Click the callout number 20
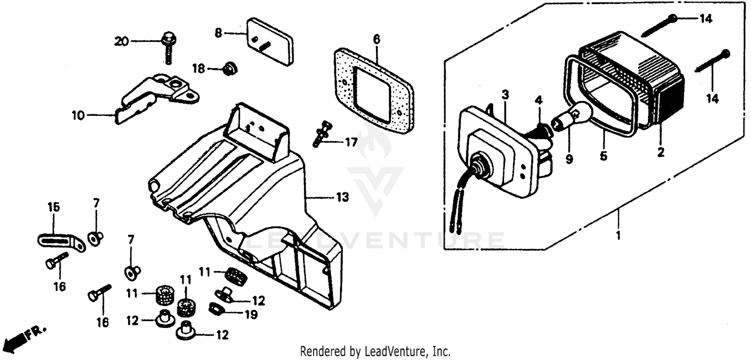click(x=121, y=42)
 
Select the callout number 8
click(x=218, y=34)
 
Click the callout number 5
click(x=603, y=156)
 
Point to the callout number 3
click(x=505, y=95)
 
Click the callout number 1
click(x=618, y=235)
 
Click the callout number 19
click(x=250, y=315)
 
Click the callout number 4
click(x=538, y=100)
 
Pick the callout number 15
click(x=54, y=207)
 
